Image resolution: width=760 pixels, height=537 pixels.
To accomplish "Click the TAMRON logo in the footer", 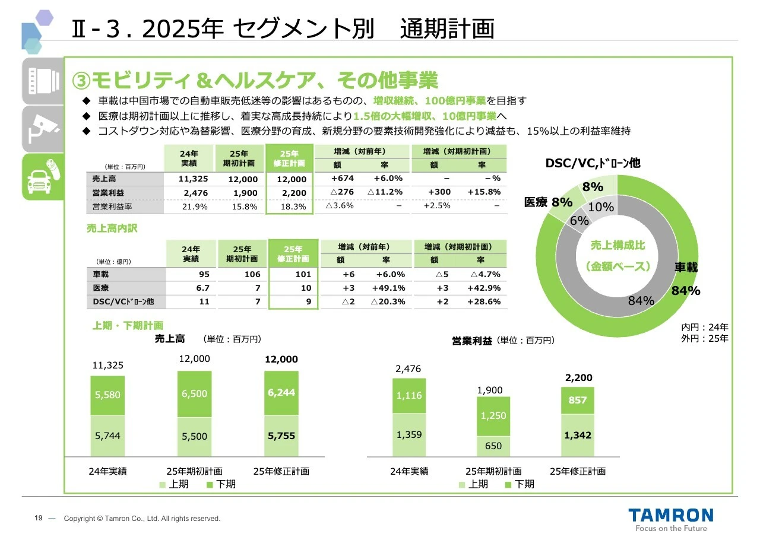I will [671, 514].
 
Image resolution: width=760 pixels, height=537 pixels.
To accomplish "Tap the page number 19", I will [38, 519].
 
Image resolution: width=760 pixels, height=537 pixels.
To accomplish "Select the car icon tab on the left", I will [42, 176].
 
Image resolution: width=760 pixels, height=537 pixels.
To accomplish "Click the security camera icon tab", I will [42, 129].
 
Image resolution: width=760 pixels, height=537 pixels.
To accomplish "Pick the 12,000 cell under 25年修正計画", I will [292, 179].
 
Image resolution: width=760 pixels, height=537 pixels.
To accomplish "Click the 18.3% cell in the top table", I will [292, 206].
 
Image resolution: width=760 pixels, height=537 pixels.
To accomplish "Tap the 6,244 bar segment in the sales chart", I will [281, 392].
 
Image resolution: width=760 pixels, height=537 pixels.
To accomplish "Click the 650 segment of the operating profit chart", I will [493, 446].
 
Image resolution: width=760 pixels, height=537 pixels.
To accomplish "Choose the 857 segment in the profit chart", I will [578, 400].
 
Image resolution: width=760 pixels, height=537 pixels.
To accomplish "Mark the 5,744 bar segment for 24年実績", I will [107, 436].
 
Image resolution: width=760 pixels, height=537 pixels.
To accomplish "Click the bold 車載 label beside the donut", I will [686, 268].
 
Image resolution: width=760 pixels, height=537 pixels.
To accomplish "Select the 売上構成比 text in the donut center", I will [617, 246].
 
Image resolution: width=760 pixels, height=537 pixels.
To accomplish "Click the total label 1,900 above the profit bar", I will [490, 390].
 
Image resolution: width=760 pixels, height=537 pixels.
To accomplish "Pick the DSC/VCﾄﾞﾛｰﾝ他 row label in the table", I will [123, 301].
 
